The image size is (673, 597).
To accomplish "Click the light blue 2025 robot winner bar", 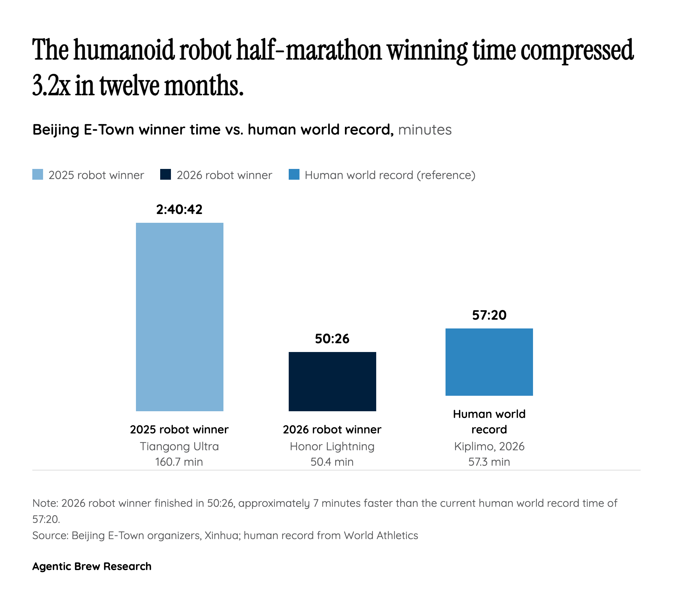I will point(179,316).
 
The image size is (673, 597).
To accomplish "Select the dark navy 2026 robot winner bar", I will point(332,381).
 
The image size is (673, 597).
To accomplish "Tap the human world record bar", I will point(489,362).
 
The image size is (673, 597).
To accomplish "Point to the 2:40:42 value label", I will point(179,209).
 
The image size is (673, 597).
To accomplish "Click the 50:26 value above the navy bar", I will point(332,339).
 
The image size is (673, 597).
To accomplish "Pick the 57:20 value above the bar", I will point(489,315).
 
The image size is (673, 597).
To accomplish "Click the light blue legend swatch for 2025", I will point(38,175).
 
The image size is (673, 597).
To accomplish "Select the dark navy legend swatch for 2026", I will point(166,175).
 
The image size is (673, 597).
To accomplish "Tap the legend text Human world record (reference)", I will point(390,175).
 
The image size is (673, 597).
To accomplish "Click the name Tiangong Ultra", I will point(179,446).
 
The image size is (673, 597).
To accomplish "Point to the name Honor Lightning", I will point(332,446).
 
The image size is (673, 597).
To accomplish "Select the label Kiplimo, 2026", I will point(489,446).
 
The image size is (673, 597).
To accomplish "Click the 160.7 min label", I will point(179,462).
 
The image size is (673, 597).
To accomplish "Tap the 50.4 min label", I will point(332,462).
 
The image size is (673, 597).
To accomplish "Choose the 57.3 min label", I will point(489,462).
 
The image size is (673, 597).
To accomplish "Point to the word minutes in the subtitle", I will point(425,130).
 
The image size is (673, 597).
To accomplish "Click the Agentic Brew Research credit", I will point(92,566).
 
